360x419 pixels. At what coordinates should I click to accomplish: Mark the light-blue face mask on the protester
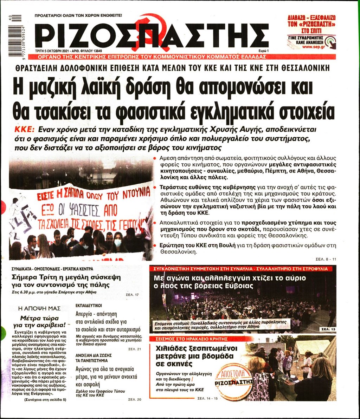pos(118,243)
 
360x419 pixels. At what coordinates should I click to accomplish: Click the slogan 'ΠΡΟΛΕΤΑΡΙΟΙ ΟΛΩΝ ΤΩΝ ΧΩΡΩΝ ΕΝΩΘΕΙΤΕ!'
pos(78,15)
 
